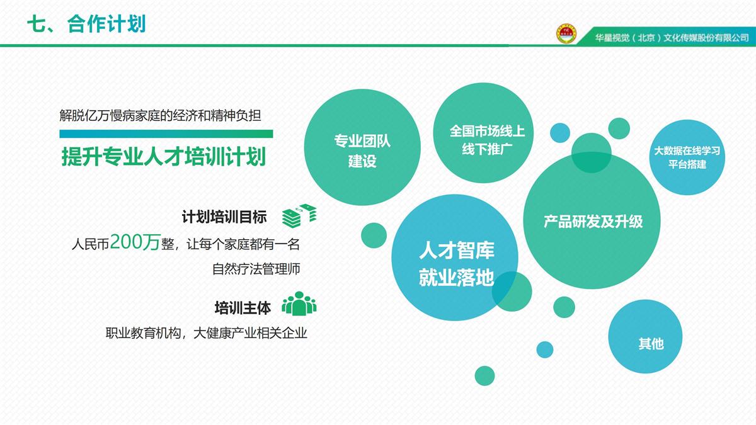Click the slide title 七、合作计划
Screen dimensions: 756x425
[x=86, y=25]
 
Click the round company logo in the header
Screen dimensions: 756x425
[x=566, y=34]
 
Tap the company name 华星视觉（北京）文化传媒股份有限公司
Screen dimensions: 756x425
[x=672, y=37]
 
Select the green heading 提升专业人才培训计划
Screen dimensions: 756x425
[x=164, y=157]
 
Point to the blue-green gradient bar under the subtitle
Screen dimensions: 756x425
[x=166, y=134]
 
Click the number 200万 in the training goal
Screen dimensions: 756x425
[x=135, y=242]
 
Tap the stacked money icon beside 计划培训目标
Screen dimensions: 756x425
[x=299, y=215]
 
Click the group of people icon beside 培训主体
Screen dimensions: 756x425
[x=299, y=303]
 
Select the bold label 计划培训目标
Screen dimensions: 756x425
[x=224, y=217]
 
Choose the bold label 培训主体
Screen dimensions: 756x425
[x=243, y=308]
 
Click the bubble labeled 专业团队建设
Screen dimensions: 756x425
[x=362, y=147]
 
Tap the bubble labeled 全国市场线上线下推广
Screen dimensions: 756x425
[x=483, y=133]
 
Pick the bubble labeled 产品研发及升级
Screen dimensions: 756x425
[x=592, y=220]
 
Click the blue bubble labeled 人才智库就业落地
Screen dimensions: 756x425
[x=455, y=258]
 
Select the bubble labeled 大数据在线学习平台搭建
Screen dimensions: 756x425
[x=687, y=157]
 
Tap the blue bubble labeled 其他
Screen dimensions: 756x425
[x=645, y=337]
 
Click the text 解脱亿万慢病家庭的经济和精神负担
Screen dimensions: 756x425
[x=160, y=115]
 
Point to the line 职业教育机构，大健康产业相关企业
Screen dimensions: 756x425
[x=206, y=333]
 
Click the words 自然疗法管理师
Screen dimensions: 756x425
[x=256, y=269]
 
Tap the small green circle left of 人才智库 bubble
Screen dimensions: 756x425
[x=374, y=235]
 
